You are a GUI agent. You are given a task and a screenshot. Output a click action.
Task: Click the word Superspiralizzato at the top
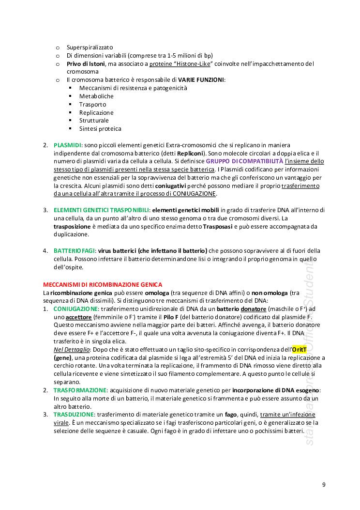90,47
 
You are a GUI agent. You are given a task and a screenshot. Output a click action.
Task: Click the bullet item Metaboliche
97,96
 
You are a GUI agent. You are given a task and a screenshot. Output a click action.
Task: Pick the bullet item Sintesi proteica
100,129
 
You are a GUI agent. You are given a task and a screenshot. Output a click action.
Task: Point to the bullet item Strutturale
94,121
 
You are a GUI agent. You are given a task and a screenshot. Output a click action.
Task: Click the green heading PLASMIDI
67,145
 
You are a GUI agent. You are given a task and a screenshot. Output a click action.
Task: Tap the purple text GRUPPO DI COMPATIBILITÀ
244,161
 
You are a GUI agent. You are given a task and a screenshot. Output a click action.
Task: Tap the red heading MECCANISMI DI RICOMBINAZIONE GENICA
103,284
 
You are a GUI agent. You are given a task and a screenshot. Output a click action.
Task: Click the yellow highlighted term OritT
299,349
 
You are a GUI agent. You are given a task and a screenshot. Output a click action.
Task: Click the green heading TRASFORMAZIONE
80,390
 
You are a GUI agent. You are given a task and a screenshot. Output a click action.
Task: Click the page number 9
324,484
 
